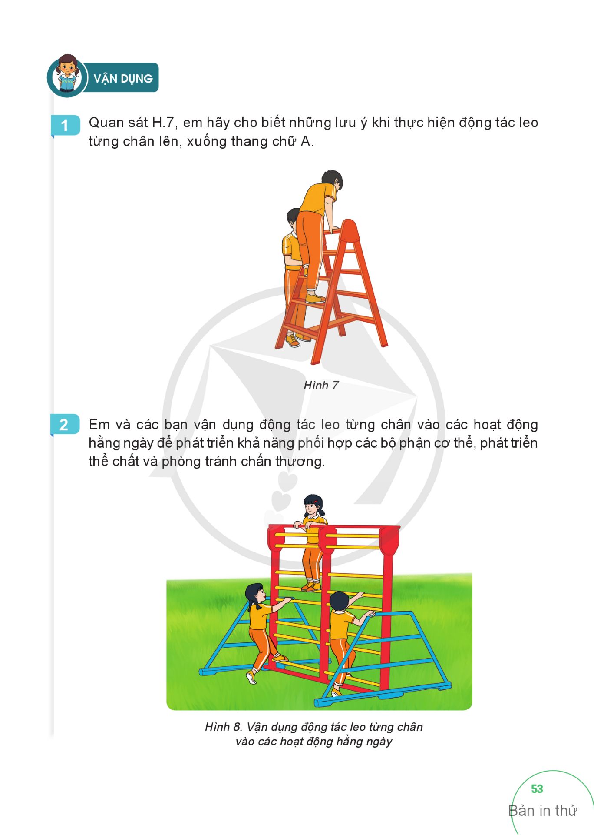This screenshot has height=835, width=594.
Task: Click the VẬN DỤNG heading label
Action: click(x=123, y=79)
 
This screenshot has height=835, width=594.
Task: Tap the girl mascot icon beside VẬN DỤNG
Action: click(x=67, y=75)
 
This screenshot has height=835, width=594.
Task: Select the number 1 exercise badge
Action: click(x=65, y=125)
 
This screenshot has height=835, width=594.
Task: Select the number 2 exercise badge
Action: click(x=65, y=424)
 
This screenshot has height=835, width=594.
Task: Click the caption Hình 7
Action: click(x=321, y=385)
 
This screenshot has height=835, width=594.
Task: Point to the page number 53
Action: click(x=537, y=789)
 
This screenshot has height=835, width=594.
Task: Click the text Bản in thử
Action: click(x=543, y=811)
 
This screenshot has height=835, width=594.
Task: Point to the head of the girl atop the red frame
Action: click(x=313, y=505)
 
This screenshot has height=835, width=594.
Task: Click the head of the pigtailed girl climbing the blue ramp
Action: click(x=255, y=594)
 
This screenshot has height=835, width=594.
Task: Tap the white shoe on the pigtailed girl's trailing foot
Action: click(x=251, y=677)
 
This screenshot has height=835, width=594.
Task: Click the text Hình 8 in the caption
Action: click(x=223, y=727)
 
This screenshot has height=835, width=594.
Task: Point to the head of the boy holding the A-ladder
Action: click(x=294, y=218)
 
